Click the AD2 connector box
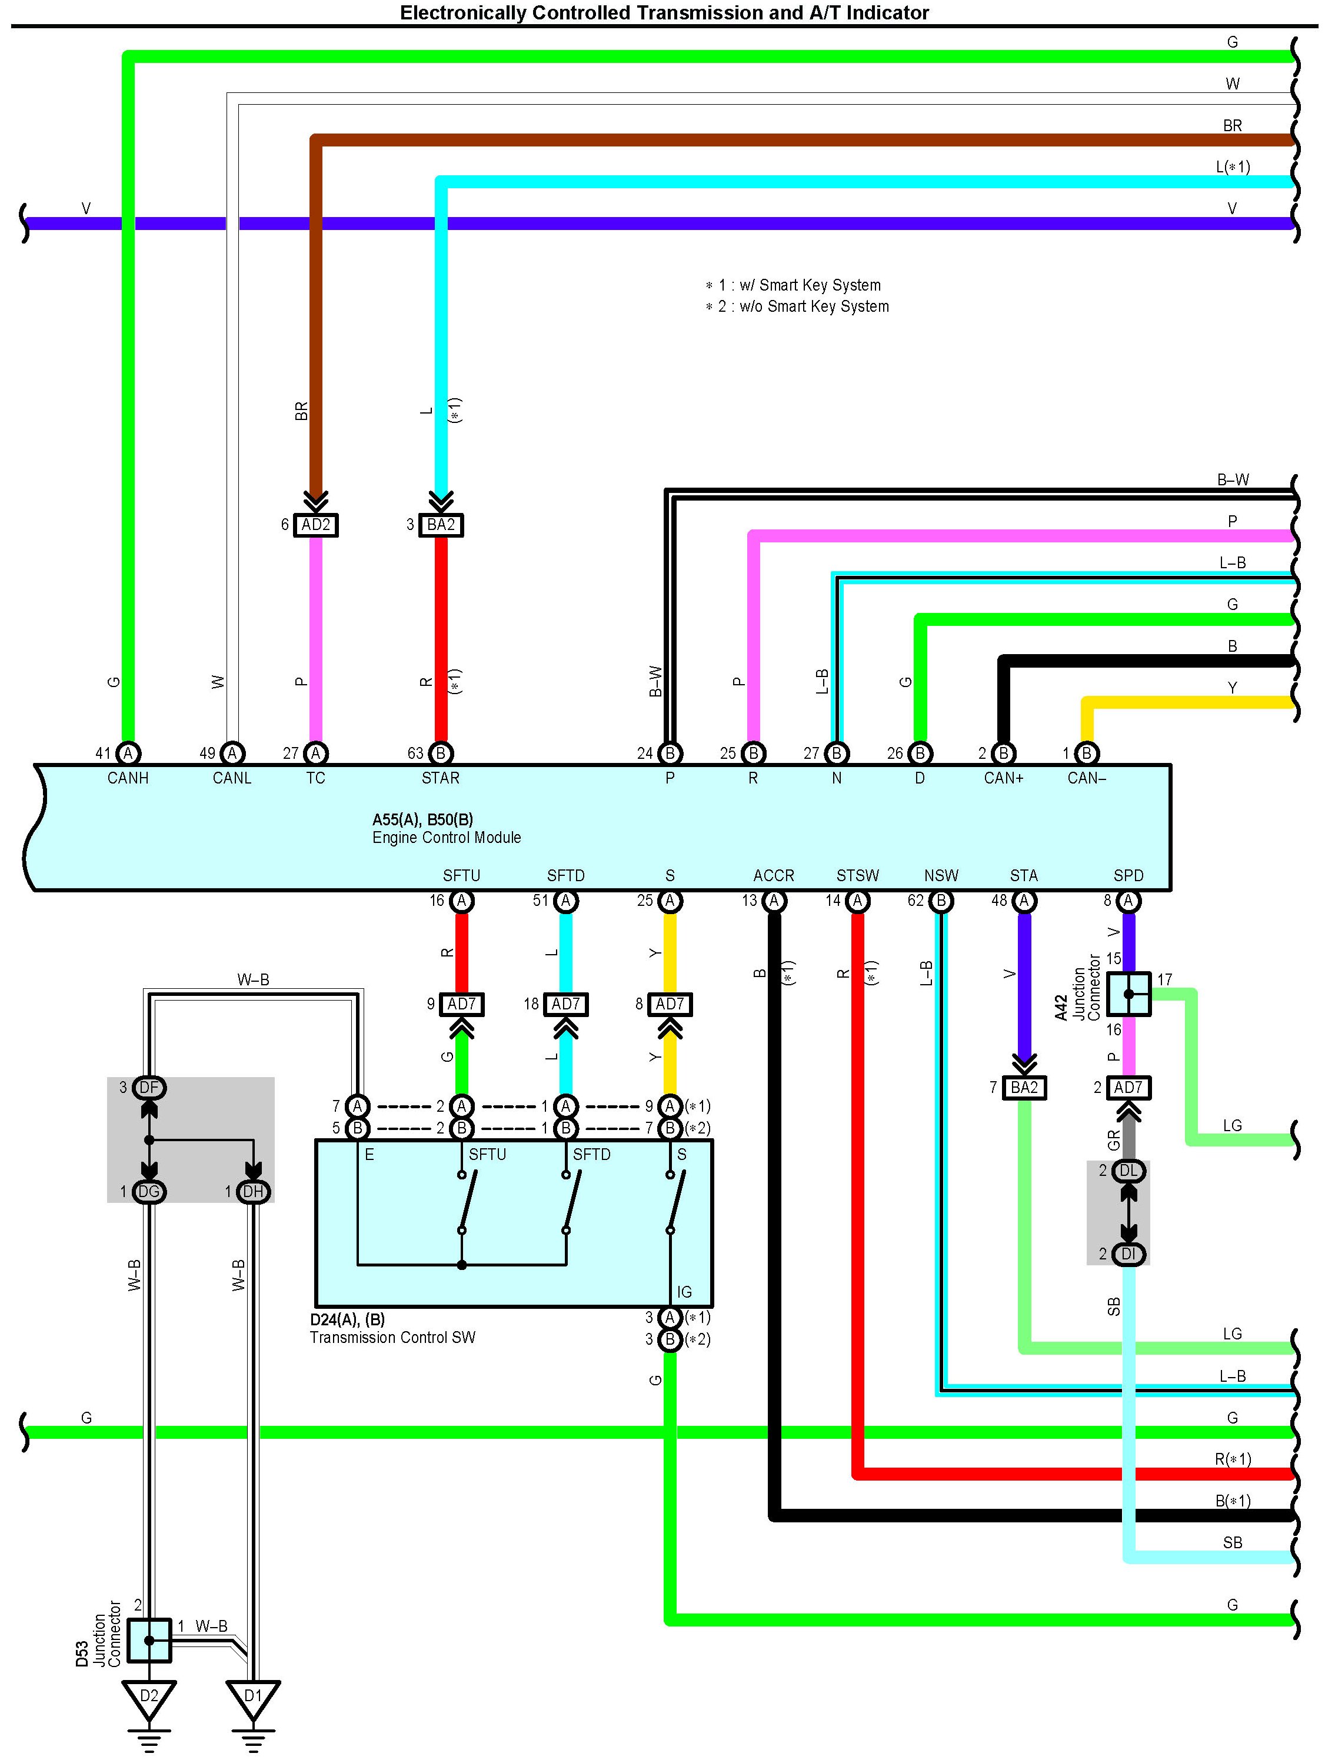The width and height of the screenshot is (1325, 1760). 316,525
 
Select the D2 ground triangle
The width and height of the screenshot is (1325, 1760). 149,1699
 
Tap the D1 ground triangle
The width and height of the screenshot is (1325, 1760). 253,1699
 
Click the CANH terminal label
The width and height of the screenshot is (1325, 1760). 128,778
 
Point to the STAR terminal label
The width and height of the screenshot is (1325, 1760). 441,778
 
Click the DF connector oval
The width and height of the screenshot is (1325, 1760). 149,1088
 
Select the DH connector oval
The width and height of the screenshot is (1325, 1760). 253,1191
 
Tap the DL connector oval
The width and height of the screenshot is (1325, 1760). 1128,1171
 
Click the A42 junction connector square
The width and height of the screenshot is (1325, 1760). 1128,994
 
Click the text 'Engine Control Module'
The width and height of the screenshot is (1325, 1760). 447,838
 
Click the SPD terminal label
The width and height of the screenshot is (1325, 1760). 1128,875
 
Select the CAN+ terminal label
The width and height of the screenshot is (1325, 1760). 1004,778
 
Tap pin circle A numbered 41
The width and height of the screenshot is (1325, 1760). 128,754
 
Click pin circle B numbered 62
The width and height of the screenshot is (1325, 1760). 941,901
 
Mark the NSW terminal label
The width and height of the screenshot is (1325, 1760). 941,875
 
